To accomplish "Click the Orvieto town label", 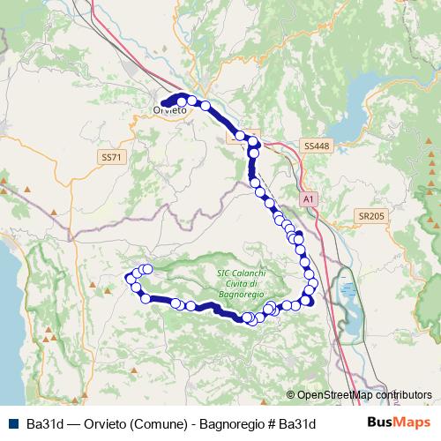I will click(x=170, y=110).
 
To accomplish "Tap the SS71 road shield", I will click(x=109, y=156).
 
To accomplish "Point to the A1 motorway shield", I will click(x=308, y=200).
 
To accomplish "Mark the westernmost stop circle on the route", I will click(x=133, y=277).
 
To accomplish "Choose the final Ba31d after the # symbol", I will click(x=297, y=422).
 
